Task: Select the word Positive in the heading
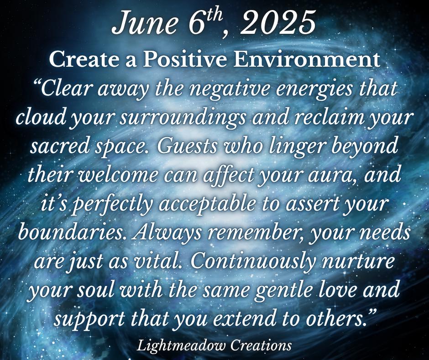185,59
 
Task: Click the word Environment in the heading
307,59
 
